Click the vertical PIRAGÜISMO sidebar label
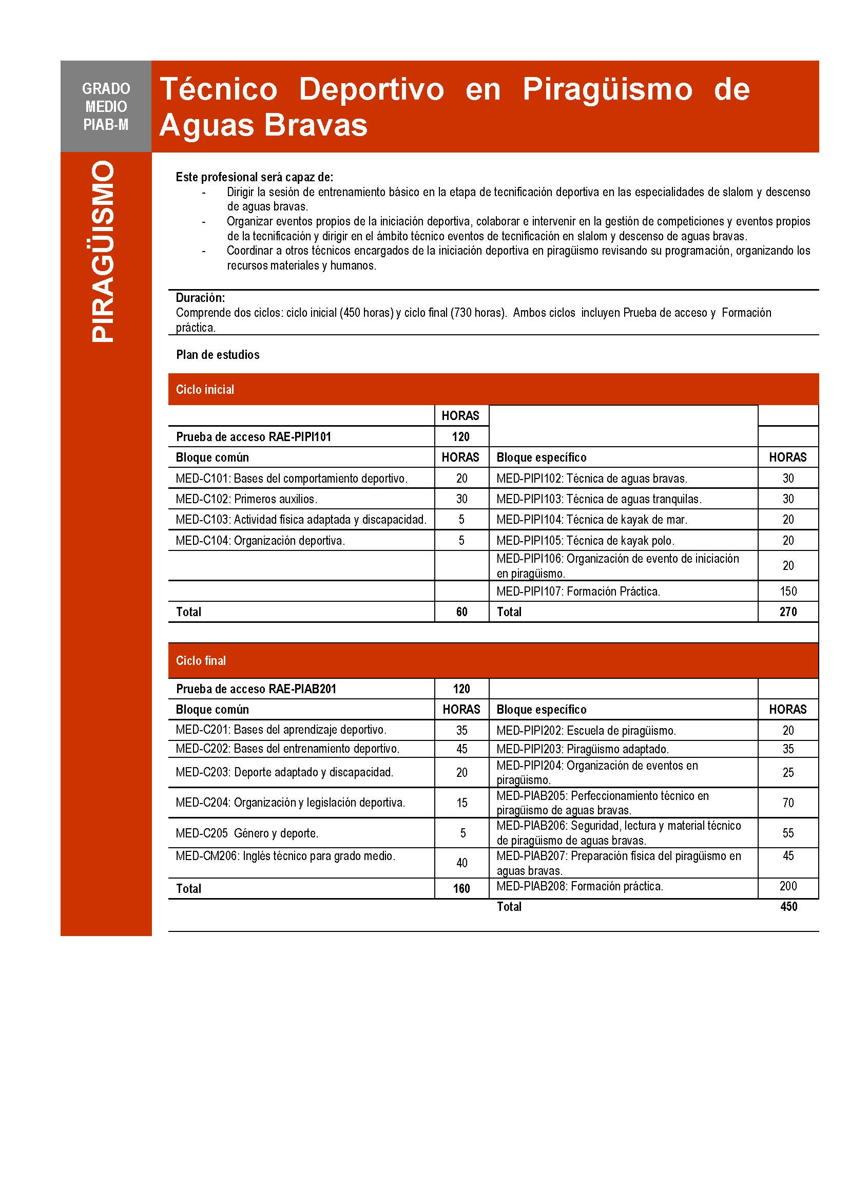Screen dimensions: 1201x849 103,252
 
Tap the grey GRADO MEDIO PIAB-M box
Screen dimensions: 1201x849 106,106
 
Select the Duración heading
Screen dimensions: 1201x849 200,298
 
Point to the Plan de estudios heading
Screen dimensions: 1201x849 218,355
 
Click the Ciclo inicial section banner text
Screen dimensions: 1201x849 205,389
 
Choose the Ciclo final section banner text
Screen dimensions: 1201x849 201,660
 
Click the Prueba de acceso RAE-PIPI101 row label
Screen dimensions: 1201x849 254,436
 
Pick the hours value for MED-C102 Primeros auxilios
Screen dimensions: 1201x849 461,499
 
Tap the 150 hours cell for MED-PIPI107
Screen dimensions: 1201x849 788,591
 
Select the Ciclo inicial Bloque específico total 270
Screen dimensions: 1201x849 788,612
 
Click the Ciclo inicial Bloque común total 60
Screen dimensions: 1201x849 461,612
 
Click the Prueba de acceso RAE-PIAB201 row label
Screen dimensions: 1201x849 256,689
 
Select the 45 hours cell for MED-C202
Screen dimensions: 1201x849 461,749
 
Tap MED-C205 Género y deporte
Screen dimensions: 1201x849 247,833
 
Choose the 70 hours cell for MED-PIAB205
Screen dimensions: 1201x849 788,803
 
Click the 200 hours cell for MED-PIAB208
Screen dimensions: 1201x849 788,886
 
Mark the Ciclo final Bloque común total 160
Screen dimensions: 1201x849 461,888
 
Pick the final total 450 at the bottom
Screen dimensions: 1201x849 788,906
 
